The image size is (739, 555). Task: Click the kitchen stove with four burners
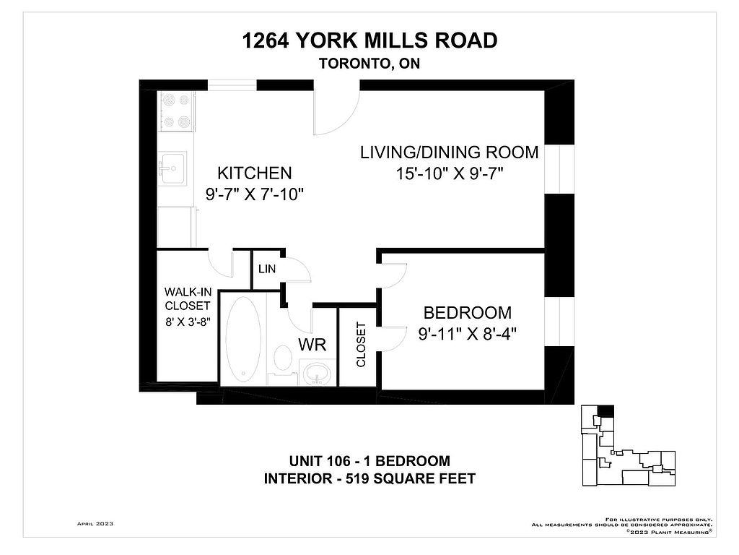point(176,111)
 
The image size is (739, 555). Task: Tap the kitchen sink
point(172,168)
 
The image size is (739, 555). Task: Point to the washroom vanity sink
point(318,372)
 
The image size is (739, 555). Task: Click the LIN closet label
point(267,269)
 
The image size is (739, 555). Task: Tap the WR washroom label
point(312,345)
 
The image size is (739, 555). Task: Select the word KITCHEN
point(255,173)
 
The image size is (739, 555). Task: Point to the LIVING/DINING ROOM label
point(449,152)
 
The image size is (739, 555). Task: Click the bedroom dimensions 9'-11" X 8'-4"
point(468,334)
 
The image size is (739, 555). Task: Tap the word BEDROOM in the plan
point(468,313)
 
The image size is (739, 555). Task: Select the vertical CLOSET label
point(361,345)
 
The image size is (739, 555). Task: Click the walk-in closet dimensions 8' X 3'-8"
point(188,322)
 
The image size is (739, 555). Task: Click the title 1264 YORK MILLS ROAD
point(369,40)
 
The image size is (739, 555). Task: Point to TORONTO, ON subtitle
point(369,64)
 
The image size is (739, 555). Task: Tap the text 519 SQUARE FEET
point(411,478)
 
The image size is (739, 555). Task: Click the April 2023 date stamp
point(95,524)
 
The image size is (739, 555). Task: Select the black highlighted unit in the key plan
point(606,411)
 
